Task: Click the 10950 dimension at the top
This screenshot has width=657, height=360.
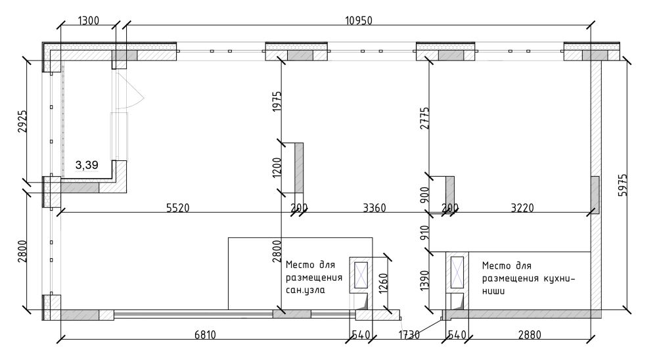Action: click(x=358, y=20)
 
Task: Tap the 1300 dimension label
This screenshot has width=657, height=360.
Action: click(x=89, y=20)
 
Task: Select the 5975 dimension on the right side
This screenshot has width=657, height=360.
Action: click(x=623, y=185)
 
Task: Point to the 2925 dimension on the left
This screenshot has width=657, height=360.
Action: click(x=22, y=121)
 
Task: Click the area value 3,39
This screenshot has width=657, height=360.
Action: click(x=87, y=165)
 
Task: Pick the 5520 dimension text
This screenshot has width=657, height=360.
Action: click(x=177, y=208)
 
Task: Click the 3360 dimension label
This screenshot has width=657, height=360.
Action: click(x=374, y=208)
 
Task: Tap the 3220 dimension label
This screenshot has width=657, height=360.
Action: click(x=522, y=208)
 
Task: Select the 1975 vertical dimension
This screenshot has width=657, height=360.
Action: click(x=277, y=101)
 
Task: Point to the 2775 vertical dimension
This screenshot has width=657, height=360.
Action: click(x=424, y=118)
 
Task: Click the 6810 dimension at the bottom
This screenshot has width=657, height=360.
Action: click(x=205, y=335)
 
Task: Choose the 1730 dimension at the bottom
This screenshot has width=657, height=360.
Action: click(x=409, y=335)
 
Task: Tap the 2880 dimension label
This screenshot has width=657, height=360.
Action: click(x=530, y=335)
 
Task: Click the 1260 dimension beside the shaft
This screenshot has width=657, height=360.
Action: click(x=383, y=284)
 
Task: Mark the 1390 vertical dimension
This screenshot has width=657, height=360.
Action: click(x=424, y=281)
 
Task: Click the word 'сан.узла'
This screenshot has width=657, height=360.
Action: click(x=305, y=290)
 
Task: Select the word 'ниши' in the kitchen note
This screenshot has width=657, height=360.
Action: click(x=493, y=291)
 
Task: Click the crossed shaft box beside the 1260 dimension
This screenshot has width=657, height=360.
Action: click(x=361, y=275)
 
